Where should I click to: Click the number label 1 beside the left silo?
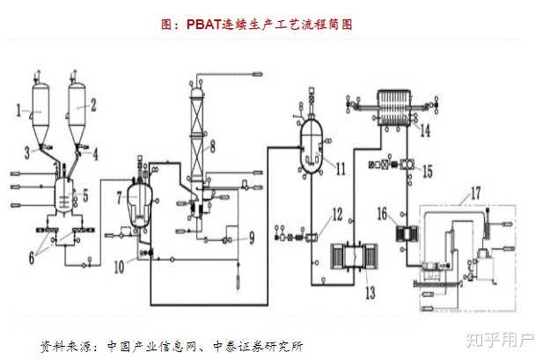(18, 110)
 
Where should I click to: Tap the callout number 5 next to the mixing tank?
(84, 195)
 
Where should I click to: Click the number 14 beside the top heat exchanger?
(424, 132)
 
